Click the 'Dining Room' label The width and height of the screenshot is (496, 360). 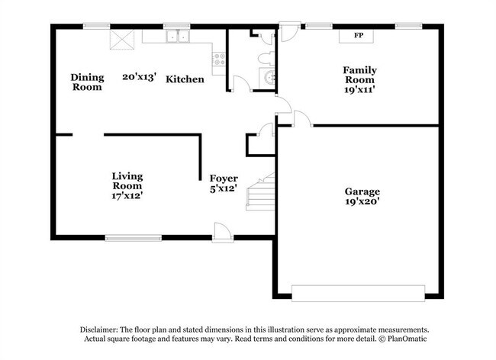86,82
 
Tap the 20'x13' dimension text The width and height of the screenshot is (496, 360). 139,76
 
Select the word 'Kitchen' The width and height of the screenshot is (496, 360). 185,79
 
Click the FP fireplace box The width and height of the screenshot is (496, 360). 359,35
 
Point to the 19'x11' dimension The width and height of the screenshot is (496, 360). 359,89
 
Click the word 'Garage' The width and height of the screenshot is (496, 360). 362,191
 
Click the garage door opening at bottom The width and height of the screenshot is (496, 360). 359,292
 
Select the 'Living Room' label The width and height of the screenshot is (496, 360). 127,181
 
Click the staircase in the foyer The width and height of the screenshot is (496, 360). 260,193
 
